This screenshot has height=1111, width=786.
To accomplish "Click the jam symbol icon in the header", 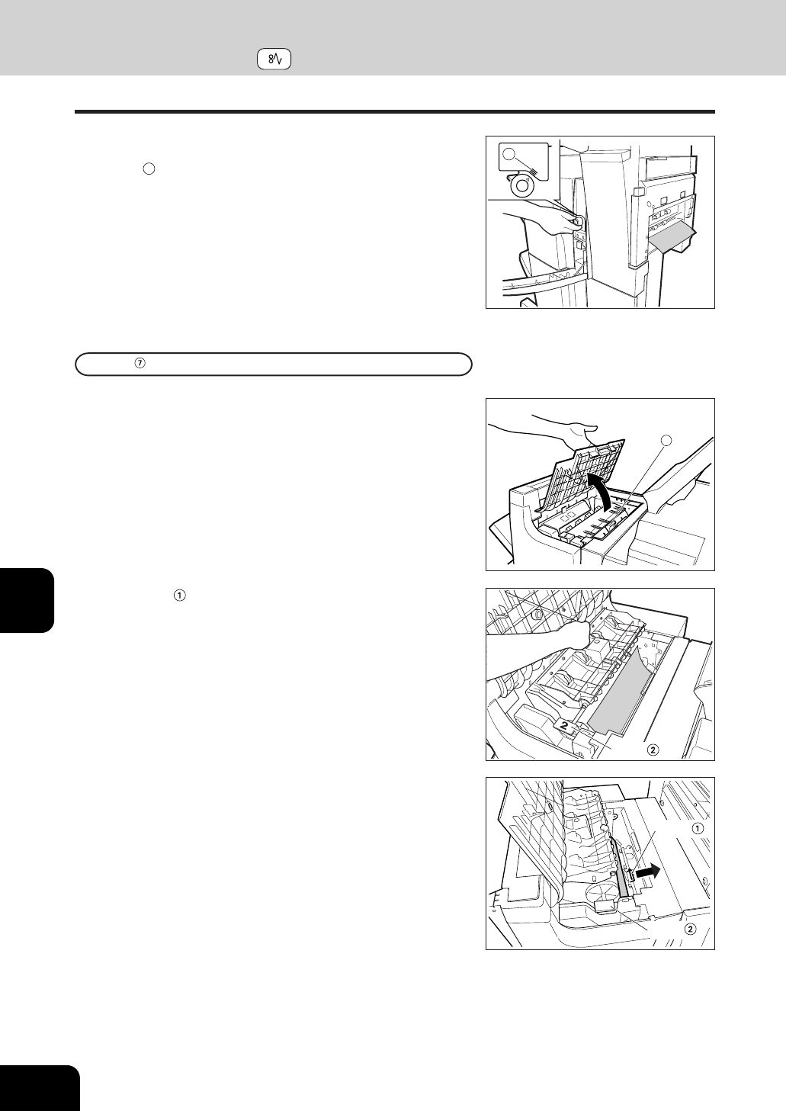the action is (x=274, y=59).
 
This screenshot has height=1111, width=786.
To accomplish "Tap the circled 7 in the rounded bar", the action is (x=140, y=364).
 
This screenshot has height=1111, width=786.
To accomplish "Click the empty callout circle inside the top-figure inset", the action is (x=508, y=154).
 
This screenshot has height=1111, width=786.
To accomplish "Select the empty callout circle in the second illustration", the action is (x=668, y=439).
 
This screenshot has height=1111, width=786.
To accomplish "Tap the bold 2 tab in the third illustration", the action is (x=564, y=725).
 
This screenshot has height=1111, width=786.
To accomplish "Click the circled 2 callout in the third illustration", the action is (x=653, y=750).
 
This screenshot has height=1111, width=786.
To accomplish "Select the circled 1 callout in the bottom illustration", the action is (x=698, y=828).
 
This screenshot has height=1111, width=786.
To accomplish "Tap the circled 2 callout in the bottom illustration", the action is (x=690, y=929).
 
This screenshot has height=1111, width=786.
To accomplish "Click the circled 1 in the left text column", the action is (x=179, y=596).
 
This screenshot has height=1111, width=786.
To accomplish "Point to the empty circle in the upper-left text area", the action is (x=149, y=169).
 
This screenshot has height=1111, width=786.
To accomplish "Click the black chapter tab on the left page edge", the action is (x=27, y=600).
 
